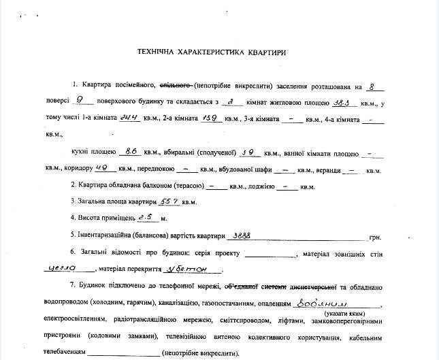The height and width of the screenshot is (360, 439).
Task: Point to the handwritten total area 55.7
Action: [x=167, y=201]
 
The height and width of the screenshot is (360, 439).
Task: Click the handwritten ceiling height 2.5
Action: [x=146, y=217]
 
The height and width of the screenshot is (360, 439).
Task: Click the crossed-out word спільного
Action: [x=176, y=86]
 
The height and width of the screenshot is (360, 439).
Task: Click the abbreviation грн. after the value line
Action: [x=375, y=236]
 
